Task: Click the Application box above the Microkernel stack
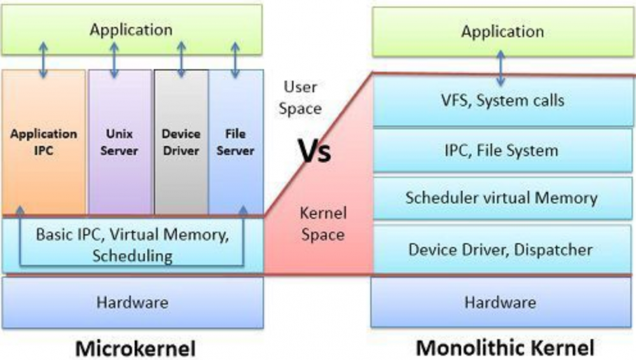click(131, 30)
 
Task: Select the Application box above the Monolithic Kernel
click(502, 31)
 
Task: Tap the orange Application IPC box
click(43, 142)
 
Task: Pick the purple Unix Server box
click(120, 142)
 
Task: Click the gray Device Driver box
click(181, 142)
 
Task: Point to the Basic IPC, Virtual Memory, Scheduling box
click(131, 245)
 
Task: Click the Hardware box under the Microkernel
click(132, 302)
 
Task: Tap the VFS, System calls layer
click(502, 100)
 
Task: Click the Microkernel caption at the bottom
click(135, 349)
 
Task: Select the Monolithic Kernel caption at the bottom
click(505, 348)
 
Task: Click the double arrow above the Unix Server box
click(114, 61)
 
